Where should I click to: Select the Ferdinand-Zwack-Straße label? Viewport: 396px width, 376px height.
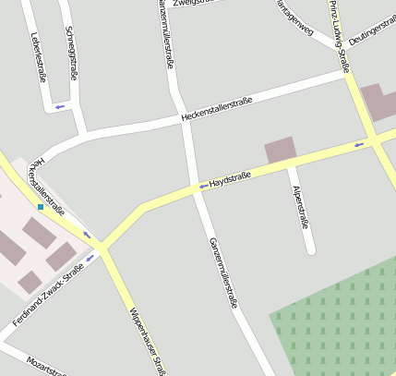coord(54,295)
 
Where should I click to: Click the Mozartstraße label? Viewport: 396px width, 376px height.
coord(45,366)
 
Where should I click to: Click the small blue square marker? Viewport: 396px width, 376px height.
coord(41,207)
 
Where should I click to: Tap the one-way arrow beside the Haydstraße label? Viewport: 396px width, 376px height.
coord(203,187)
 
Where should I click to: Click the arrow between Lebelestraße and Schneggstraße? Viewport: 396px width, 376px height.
coord(60,106)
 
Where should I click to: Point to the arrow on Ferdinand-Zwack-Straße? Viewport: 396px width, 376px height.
coord(90,282)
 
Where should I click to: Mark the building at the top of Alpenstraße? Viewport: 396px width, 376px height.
coord(281,151)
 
